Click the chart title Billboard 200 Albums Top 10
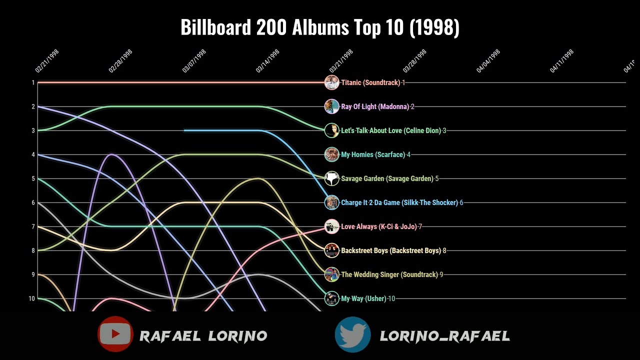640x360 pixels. [320, 28]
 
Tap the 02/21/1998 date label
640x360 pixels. [47, 61]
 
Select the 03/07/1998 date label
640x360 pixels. [194, 61]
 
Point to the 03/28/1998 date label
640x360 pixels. [415, 61]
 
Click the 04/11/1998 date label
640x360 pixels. [562, 61]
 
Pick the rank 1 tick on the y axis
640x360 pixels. [33, 82]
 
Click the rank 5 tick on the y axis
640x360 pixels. [33, 178]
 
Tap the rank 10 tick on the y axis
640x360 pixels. [32, 298]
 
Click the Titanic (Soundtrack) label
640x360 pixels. [370, 82]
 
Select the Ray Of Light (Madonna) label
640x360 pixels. [375, 106]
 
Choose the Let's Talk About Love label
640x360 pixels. [391, 130]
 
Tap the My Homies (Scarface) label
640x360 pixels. [373, 154]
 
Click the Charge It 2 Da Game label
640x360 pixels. [399, 202]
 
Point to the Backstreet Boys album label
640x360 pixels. [391, 250]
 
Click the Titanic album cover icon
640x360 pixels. [331, 82]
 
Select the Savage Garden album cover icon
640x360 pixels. [331, 178]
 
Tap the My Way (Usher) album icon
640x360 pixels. [331, 298]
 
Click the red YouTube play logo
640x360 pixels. [115, 334]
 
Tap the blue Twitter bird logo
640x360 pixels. [352, 334]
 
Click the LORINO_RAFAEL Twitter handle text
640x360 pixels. [445, 336]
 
